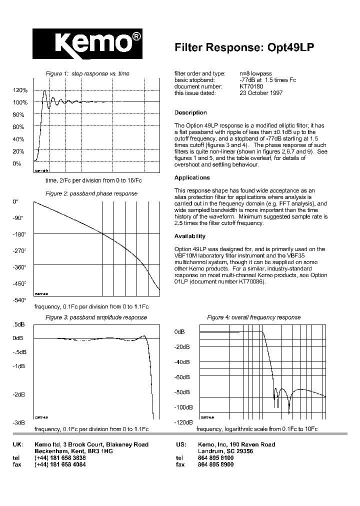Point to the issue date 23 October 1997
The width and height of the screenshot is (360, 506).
[x=261, y=93]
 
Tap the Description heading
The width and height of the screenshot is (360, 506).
[x=190, y=112]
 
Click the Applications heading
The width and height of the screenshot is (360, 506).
[x=192, y=177]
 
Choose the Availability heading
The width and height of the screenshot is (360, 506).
[x=190, y=236]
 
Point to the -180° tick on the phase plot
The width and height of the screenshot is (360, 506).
[x=19, y=234]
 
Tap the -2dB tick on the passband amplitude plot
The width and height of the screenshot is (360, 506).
[x=18, y=394]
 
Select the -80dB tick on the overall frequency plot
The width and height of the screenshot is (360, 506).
[x=181, y=392]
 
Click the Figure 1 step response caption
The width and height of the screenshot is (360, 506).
[x=87, y=73]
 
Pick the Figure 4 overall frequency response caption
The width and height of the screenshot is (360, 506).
[x=254, y=317]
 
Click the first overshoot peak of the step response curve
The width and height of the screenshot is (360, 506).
[x=44, y=91]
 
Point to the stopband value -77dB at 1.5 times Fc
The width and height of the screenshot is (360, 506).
[x=268, y=80]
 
